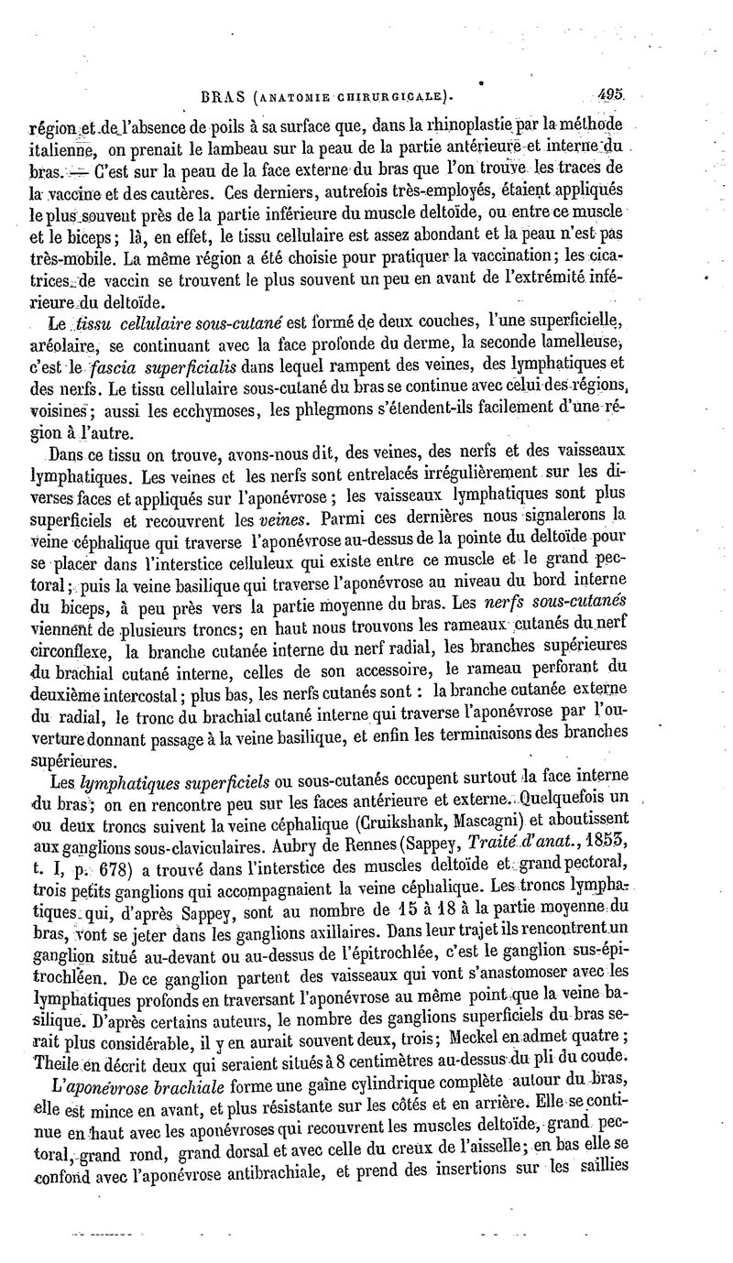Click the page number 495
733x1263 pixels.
pyautogui.click(x=607, y=93)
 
